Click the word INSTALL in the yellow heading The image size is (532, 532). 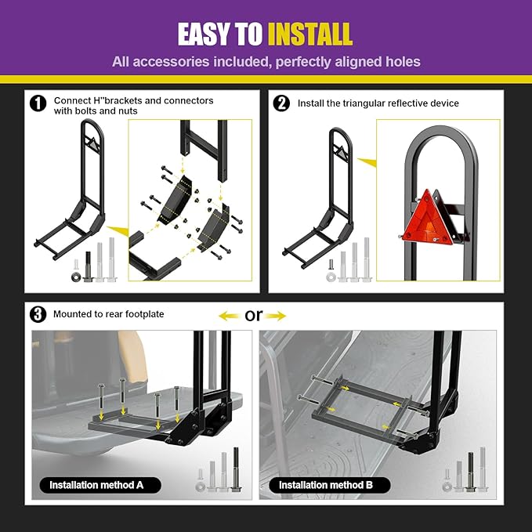(x=310, y=34)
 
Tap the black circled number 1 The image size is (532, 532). (x=38, y=103)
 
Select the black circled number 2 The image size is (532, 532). (x=281, y=103)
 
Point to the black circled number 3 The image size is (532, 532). (x=38, y=314)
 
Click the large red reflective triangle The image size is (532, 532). (x=428, y=218)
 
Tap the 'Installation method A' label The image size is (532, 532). (x=100, y=485)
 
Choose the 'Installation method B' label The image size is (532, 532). (x=329, y=485)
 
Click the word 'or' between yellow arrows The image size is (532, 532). (x=254, y=315)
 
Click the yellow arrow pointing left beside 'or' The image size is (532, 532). (x=229, y=317)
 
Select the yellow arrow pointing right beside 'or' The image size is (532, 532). (x=276, y=317)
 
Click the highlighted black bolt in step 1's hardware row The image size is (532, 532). (x=89, y=266)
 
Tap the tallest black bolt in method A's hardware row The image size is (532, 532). (x=236, y=469)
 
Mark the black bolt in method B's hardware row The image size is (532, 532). (x=470, y=472)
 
